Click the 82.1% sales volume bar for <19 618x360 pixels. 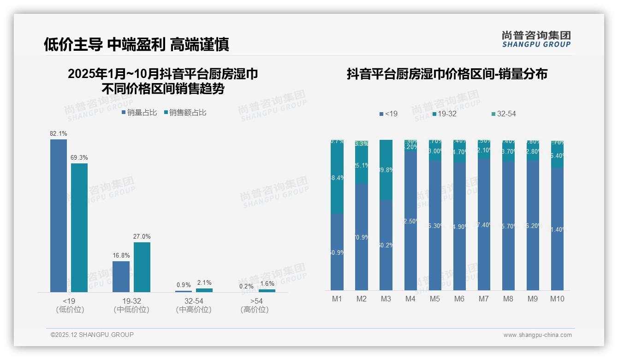(x=59, y=216)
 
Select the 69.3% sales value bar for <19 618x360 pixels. (x=79, y=228)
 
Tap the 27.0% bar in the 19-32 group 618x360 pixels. (x=142, y=267)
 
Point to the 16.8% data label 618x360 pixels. (x=121, y=255)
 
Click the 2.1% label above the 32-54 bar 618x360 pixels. (x=204, y=282)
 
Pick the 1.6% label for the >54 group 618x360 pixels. (x=267, y=283)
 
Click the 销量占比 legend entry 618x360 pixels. (x=139, y=113)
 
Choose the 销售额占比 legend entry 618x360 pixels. (x=185, y=113)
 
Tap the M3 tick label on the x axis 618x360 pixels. (x=386, y=299)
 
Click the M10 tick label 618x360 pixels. (x=557, y=299)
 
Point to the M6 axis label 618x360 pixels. (x=459, y=299)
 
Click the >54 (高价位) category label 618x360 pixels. (x=255, y=305)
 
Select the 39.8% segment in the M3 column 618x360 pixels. (x=386, y=170)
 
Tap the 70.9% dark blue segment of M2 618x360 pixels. (x=362, y=237)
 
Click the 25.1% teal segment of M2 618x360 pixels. (x=362, y=165)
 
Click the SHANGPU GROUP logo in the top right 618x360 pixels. (x=536, y=39)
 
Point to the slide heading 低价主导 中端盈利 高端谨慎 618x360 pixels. (x=137, y=44)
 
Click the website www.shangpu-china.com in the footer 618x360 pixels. (x=537, y=335)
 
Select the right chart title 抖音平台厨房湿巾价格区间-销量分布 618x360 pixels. (x=447, y=74)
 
